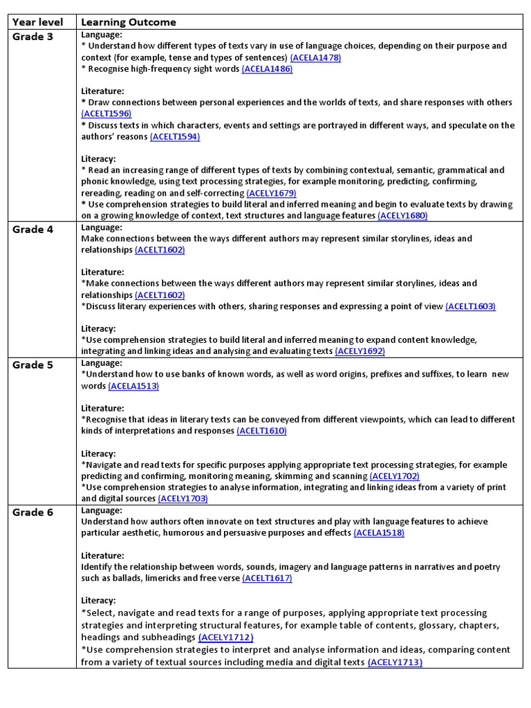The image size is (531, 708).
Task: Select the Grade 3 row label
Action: point(32,37)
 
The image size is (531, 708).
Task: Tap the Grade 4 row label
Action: point(32,230)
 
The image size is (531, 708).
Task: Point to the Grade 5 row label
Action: point(32,365)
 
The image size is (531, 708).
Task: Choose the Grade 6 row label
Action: point(32,512)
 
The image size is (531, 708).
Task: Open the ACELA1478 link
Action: point(315,57)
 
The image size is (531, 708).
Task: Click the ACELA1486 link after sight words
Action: point(267,69)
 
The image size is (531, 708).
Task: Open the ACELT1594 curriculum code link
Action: point(175,137)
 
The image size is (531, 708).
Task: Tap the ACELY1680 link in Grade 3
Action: point(402,216)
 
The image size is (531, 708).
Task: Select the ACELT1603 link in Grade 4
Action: point(470,306)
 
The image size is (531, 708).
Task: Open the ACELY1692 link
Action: point(360,351)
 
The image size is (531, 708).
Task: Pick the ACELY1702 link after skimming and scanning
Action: point(394,476)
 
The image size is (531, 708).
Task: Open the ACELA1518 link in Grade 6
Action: point(379,533)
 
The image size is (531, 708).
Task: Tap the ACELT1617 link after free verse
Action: point(267,578)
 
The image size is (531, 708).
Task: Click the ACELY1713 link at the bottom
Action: point(395,662)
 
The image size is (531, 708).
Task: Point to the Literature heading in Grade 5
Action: point(102,408)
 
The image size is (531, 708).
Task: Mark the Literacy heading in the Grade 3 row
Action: point(98,159)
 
